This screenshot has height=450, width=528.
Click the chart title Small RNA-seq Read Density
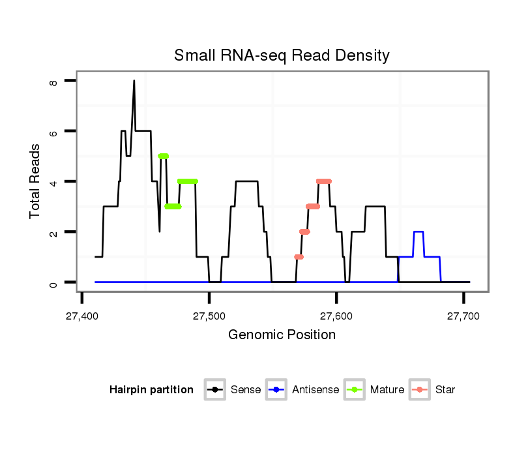(282, 55)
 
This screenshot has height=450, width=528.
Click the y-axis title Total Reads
(36, 181)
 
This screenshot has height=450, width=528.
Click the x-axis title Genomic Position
(282, 335)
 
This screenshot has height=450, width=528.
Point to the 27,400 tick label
(81, 316)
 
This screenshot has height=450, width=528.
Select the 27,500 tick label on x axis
(209, 316)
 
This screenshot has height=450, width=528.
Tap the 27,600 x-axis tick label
(336, 316)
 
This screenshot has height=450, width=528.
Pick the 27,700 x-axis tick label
(463, 316)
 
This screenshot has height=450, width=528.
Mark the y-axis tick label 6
(54, 131)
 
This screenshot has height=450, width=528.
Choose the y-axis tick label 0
(54, 282)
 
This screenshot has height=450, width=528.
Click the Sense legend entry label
(246, 390)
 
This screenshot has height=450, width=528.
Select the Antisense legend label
(315, 390)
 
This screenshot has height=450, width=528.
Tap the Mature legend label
(387, 390)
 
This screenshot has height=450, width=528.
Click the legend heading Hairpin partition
(151, 390)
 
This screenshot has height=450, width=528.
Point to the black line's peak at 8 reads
(134, 82)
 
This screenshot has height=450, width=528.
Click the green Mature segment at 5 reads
(163, 156)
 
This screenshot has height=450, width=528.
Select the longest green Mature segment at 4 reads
(187, 181)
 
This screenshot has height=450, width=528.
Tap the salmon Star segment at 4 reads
(323, 181)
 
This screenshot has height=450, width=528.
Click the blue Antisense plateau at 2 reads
(418, 232)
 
